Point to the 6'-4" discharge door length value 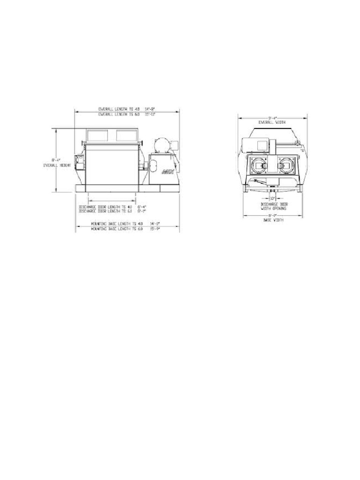(142, 207)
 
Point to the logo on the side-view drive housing (167, 172)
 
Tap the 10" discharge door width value (272, 198)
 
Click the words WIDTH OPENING (271, 209)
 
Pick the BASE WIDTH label (272, 219)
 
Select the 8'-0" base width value (272, 215)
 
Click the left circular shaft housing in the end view (257, 167)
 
